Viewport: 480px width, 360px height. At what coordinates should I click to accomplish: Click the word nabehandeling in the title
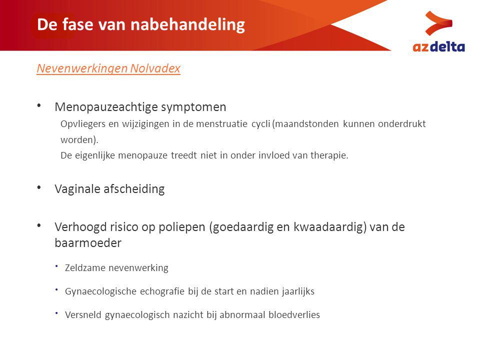coord(187,24)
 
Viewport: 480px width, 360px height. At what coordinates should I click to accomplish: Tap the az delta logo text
coord(438,47)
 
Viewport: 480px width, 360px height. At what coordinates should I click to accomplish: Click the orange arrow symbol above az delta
coord(438,23)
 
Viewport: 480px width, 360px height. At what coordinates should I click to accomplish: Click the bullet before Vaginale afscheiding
coord(39,187)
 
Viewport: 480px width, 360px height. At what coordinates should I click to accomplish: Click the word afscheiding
coord(134,189)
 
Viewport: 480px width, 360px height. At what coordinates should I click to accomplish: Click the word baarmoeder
coord(88,243)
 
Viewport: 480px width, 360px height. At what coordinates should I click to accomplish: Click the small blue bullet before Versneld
coord(56,313)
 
